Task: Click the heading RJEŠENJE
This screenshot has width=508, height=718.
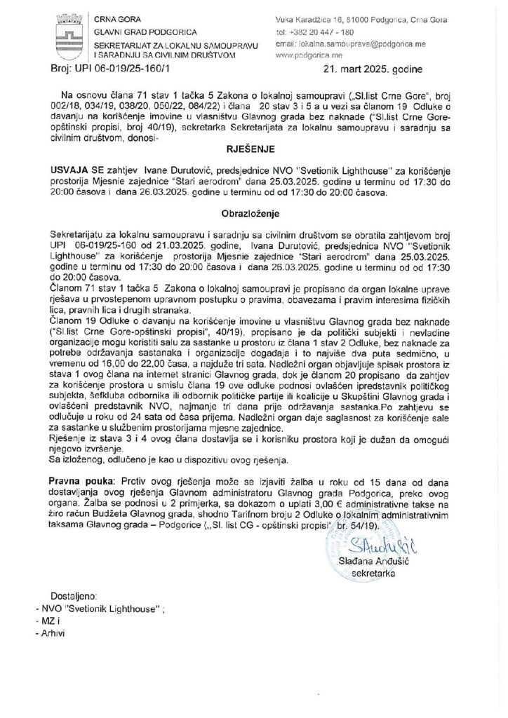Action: point(253,149)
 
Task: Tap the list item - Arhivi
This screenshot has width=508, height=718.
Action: point(49,633)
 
